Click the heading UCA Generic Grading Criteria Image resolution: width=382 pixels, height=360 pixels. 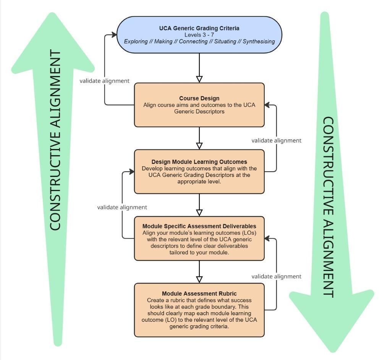click(199, 28)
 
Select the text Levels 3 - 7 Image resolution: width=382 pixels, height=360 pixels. click(199, 34)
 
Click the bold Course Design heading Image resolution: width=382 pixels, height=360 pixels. click(199, 98)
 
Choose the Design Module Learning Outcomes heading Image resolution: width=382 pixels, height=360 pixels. click(199, 162)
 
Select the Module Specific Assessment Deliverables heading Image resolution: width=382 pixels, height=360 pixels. click(199, 226)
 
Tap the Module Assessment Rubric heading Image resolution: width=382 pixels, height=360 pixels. click(199, 294)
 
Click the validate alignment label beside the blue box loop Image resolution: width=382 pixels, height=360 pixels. click(104, 81)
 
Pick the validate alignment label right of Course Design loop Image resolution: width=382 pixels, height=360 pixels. click(276, 140)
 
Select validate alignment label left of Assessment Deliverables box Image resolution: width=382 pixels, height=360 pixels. click(122, 207)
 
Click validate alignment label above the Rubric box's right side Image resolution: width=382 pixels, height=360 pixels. click(276, 276)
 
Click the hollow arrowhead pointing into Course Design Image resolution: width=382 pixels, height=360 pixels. click(199, 79)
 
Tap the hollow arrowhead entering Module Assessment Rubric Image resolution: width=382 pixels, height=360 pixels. click(199, 279)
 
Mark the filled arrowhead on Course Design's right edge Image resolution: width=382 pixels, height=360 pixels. click(267, 104)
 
